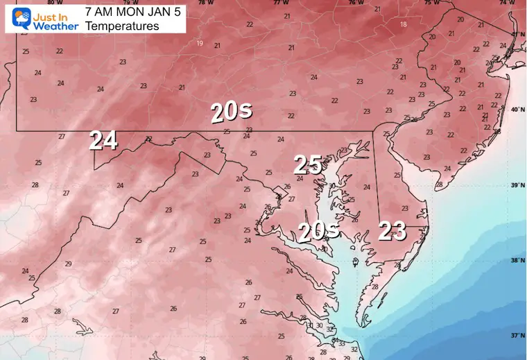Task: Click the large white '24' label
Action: [103, 141]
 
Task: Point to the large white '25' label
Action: [308, 164]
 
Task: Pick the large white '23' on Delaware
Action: [392, 231]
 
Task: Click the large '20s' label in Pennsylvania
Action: [231, 110]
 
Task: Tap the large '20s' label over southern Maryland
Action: [317, 231]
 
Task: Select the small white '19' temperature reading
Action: [200, 43]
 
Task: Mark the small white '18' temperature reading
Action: [403, 24]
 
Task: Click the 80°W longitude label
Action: [49, 3]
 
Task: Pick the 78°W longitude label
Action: [202, 3]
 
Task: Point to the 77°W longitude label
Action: [279, 3]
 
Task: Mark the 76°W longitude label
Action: [355, 3]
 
